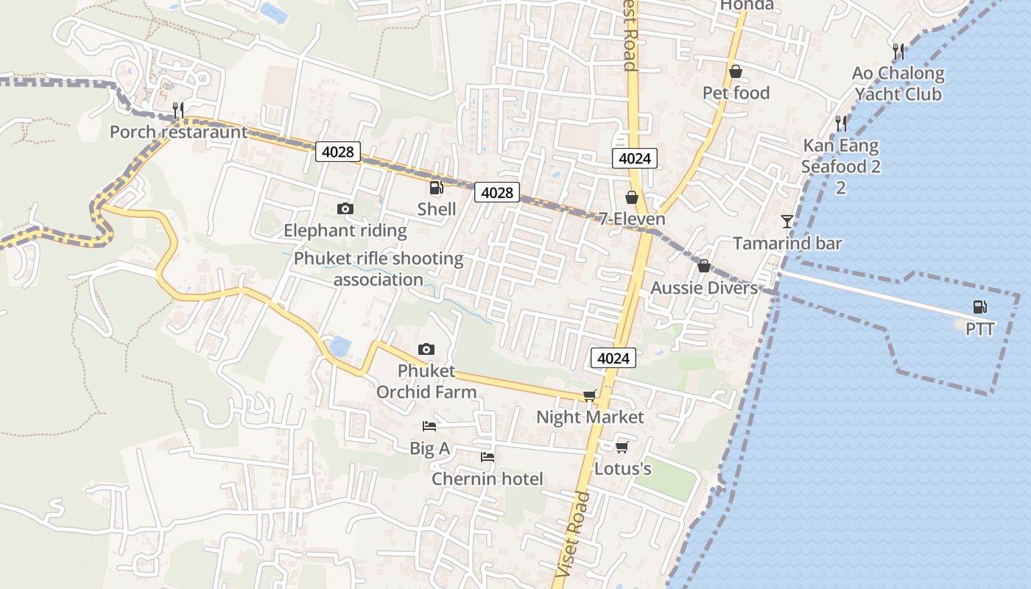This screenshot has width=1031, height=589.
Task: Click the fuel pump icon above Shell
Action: tap(436, 188)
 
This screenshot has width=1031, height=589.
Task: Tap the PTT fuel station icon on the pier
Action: tap(979, 307)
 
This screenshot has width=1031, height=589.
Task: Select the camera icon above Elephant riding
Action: tap(345, 209)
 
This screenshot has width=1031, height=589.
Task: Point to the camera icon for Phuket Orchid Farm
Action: tap(426, 349)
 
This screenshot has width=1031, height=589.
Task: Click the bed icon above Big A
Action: tap(429, 426)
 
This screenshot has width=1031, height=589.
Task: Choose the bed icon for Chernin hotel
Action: tap(487, 457)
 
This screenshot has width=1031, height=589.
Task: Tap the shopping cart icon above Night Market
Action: tap(589, 396)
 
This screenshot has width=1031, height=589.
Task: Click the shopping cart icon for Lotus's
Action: tap(622, 447)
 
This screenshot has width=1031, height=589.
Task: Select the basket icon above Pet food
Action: tap(735, 71)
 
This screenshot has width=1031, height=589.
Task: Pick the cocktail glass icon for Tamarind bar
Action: tap(787, 221)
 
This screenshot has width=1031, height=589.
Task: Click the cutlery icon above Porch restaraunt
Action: tap(177, 110)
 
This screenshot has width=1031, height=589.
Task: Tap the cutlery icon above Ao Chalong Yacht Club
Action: tap(898, 51)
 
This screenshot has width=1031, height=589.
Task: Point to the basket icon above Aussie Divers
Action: tap(703, 266)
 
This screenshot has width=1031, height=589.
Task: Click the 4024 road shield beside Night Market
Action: tap(613, 359)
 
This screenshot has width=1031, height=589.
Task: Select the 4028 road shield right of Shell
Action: tap(496, 193)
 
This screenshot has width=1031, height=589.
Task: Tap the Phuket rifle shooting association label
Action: tap(379, 269)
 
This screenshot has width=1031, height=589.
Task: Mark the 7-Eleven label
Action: tap(632, 219)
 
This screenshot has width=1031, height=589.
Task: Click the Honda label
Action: tap(747, 5)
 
